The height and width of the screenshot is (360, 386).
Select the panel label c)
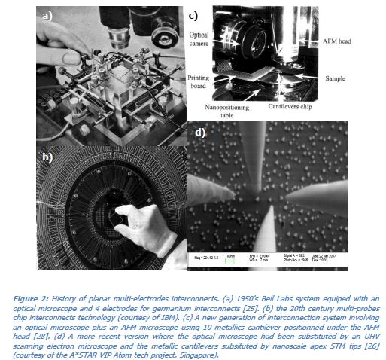coord(193,14)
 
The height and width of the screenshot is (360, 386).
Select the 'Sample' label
coord(336,77)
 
